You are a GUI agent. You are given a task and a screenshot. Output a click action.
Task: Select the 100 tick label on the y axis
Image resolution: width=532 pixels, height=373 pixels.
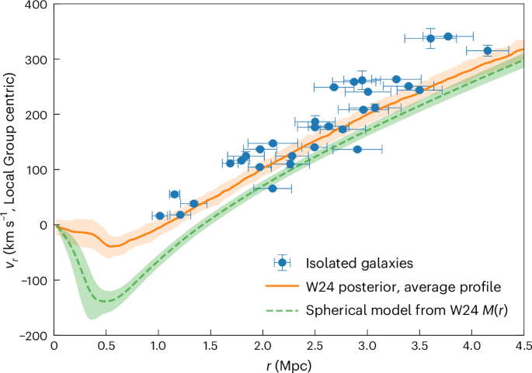tap(34, 170)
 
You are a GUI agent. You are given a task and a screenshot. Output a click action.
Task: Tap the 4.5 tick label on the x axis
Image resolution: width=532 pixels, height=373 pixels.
tap(523, 347)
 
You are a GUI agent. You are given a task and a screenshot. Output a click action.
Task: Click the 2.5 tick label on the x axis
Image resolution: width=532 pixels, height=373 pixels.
tap(314, 347)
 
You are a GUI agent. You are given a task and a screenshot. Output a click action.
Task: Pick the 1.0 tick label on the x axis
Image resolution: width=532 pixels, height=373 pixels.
tap(158, 347)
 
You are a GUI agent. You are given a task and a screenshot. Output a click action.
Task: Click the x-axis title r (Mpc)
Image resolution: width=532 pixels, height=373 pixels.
tap(288, 363)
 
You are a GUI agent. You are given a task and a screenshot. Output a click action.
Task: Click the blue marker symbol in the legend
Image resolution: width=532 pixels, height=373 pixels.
tap(283, 263)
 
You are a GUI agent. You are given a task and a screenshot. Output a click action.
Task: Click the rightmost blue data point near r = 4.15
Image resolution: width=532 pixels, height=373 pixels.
tap(488, 51)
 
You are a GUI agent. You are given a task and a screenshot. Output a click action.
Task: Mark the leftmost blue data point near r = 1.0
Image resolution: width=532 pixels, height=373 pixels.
tap(160, 216)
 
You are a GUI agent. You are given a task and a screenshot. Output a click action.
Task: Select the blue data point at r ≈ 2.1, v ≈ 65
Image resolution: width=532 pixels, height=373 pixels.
tap(273, 188)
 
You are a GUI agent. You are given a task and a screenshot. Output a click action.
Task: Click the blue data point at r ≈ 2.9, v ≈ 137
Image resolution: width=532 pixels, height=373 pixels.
tap(357, 149)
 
